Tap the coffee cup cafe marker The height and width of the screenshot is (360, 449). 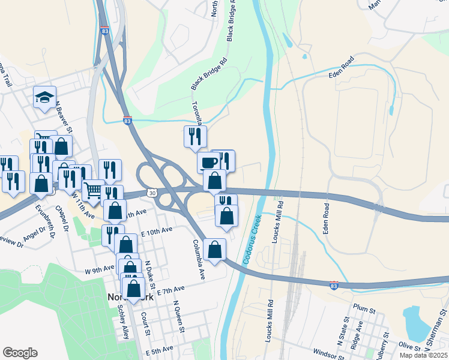pos(209,162)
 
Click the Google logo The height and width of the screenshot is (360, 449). pos(20,352)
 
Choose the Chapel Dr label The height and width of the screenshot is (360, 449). pos(63,218)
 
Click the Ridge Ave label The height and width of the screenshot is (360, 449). pos(358,333)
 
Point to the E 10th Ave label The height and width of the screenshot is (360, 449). pos(157,230)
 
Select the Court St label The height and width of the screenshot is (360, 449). pos(145,324)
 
